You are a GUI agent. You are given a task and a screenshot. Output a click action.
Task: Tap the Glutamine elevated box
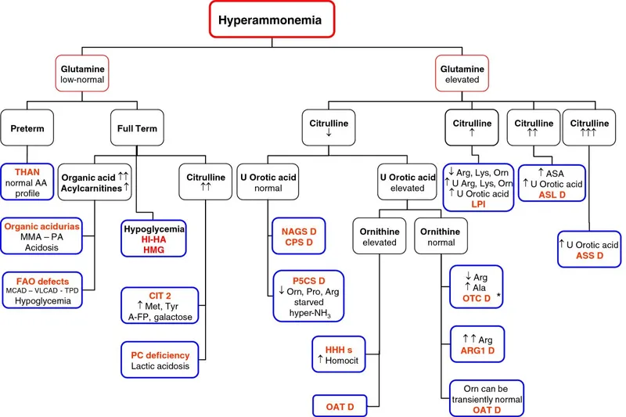(460, 74)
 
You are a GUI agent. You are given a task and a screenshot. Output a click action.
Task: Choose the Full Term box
(135, 128)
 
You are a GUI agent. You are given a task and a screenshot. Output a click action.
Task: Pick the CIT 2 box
(162, 305)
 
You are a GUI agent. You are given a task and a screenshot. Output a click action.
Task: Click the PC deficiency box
(162, 359)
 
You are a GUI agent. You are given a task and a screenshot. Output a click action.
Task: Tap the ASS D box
(590, 250)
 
